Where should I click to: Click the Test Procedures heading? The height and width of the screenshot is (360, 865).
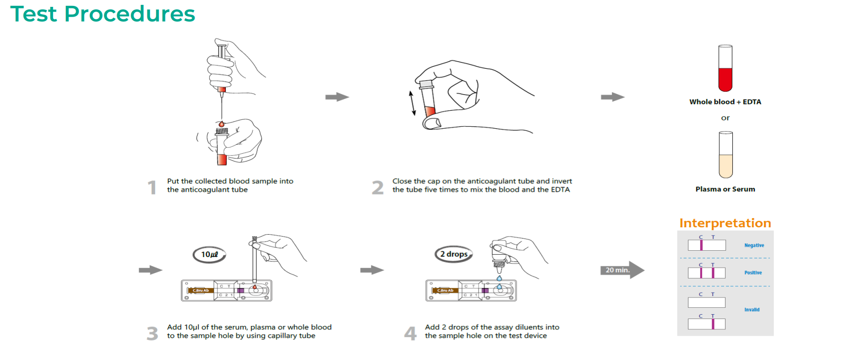click(102, 14)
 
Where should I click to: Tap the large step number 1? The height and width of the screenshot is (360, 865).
click(152, 187)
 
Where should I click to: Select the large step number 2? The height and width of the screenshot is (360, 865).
click(378, 187)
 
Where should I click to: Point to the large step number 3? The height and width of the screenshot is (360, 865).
click(152, 334)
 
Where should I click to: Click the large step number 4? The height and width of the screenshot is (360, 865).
click(410, 334)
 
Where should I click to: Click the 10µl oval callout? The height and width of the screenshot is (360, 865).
click(209, 255)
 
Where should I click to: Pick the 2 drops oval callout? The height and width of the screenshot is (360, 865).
click(454, 254)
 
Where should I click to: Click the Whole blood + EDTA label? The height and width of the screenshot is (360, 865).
click(725, 102)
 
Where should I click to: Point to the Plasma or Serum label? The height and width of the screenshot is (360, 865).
click(725, 189)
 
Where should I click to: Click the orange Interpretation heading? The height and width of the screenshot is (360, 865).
click(725, 223)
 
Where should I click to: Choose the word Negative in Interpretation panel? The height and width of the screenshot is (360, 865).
click(754, 245)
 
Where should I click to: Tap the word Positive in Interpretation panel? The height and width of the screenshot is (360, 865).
click(753, 273)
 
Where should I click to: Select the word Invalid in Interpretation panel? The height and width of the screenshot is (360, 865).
click(752, 310)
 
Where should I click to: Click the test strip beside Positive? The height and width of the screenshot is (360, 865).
click(706, 273)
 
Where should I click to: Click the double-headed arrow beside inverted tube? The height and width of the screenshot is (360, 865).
click(412, 103)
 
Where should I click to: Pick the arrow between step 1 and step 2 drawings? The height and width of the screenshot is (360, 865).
click(337, 97)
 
